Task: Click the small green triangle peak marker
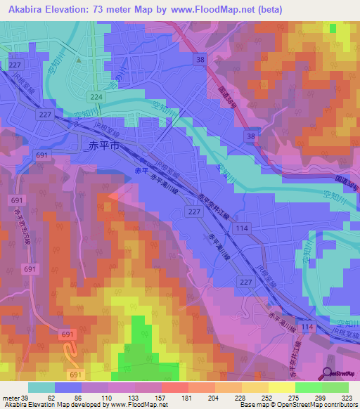[79, 60]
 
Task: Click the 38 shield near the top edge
[202, 60]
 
